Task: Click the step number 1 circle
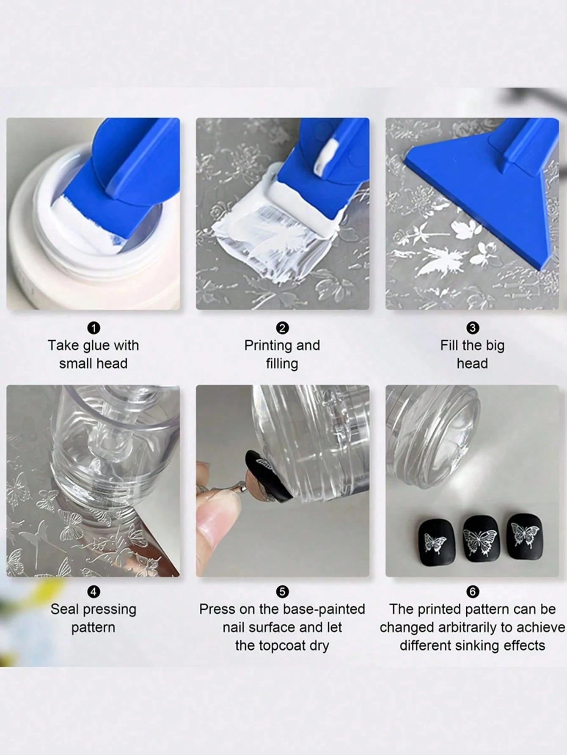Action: pyautogui.click(x=94, y=328)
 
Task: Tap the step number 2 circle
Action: pyautogui.click(x=282, y=328)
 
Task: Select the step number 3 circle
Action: pyautogui.click(x=472, y=328)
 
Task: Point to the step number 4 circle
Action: pyautogui.click(x=94, y=592)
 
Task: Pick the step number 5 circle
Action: pyautogui.click(x=282, y=592)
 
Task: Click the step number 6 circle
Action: pyautogui.click(x=472, y=592)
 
